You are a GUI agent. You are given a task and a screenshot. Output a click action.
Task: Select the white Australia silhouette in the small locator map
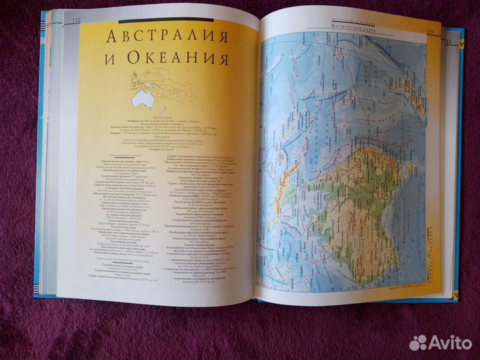141,99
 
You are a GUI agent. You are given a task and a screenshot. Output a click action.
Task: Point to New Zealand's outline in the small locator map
161,106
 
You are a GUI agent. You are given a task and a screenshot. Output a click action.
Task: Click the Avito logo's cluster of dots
418,342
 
